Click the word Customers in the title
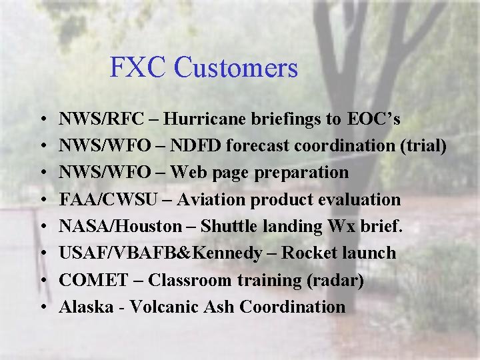click(236, 67)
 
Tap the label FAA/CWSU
click(103, 199)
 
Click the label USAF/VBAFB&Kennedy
click(161, 253)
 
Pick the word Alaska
click(86, 307)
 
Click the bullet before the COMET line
click(42, 280)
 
